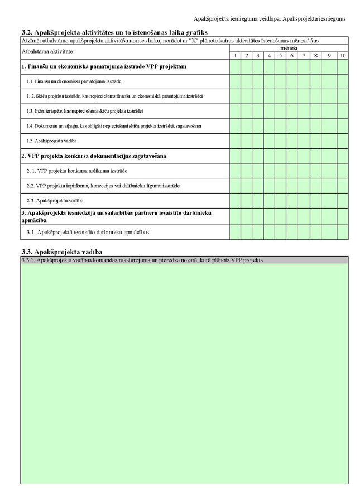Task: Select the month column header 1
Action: tap(235, 56)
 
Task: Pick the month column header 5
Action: tap(280, 56)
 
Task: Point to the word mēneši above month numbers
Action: tap(289, 49)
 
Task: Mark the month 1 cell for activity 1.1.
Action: tap(235, 81)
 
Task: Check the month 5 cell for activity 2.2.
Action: tap(280, 185)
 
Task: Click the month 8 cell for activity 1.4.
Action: tap(315, 126)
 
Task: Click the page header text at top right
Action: tap(269, 18)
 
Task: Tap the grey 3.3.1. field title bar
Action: tap(184, 260)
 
